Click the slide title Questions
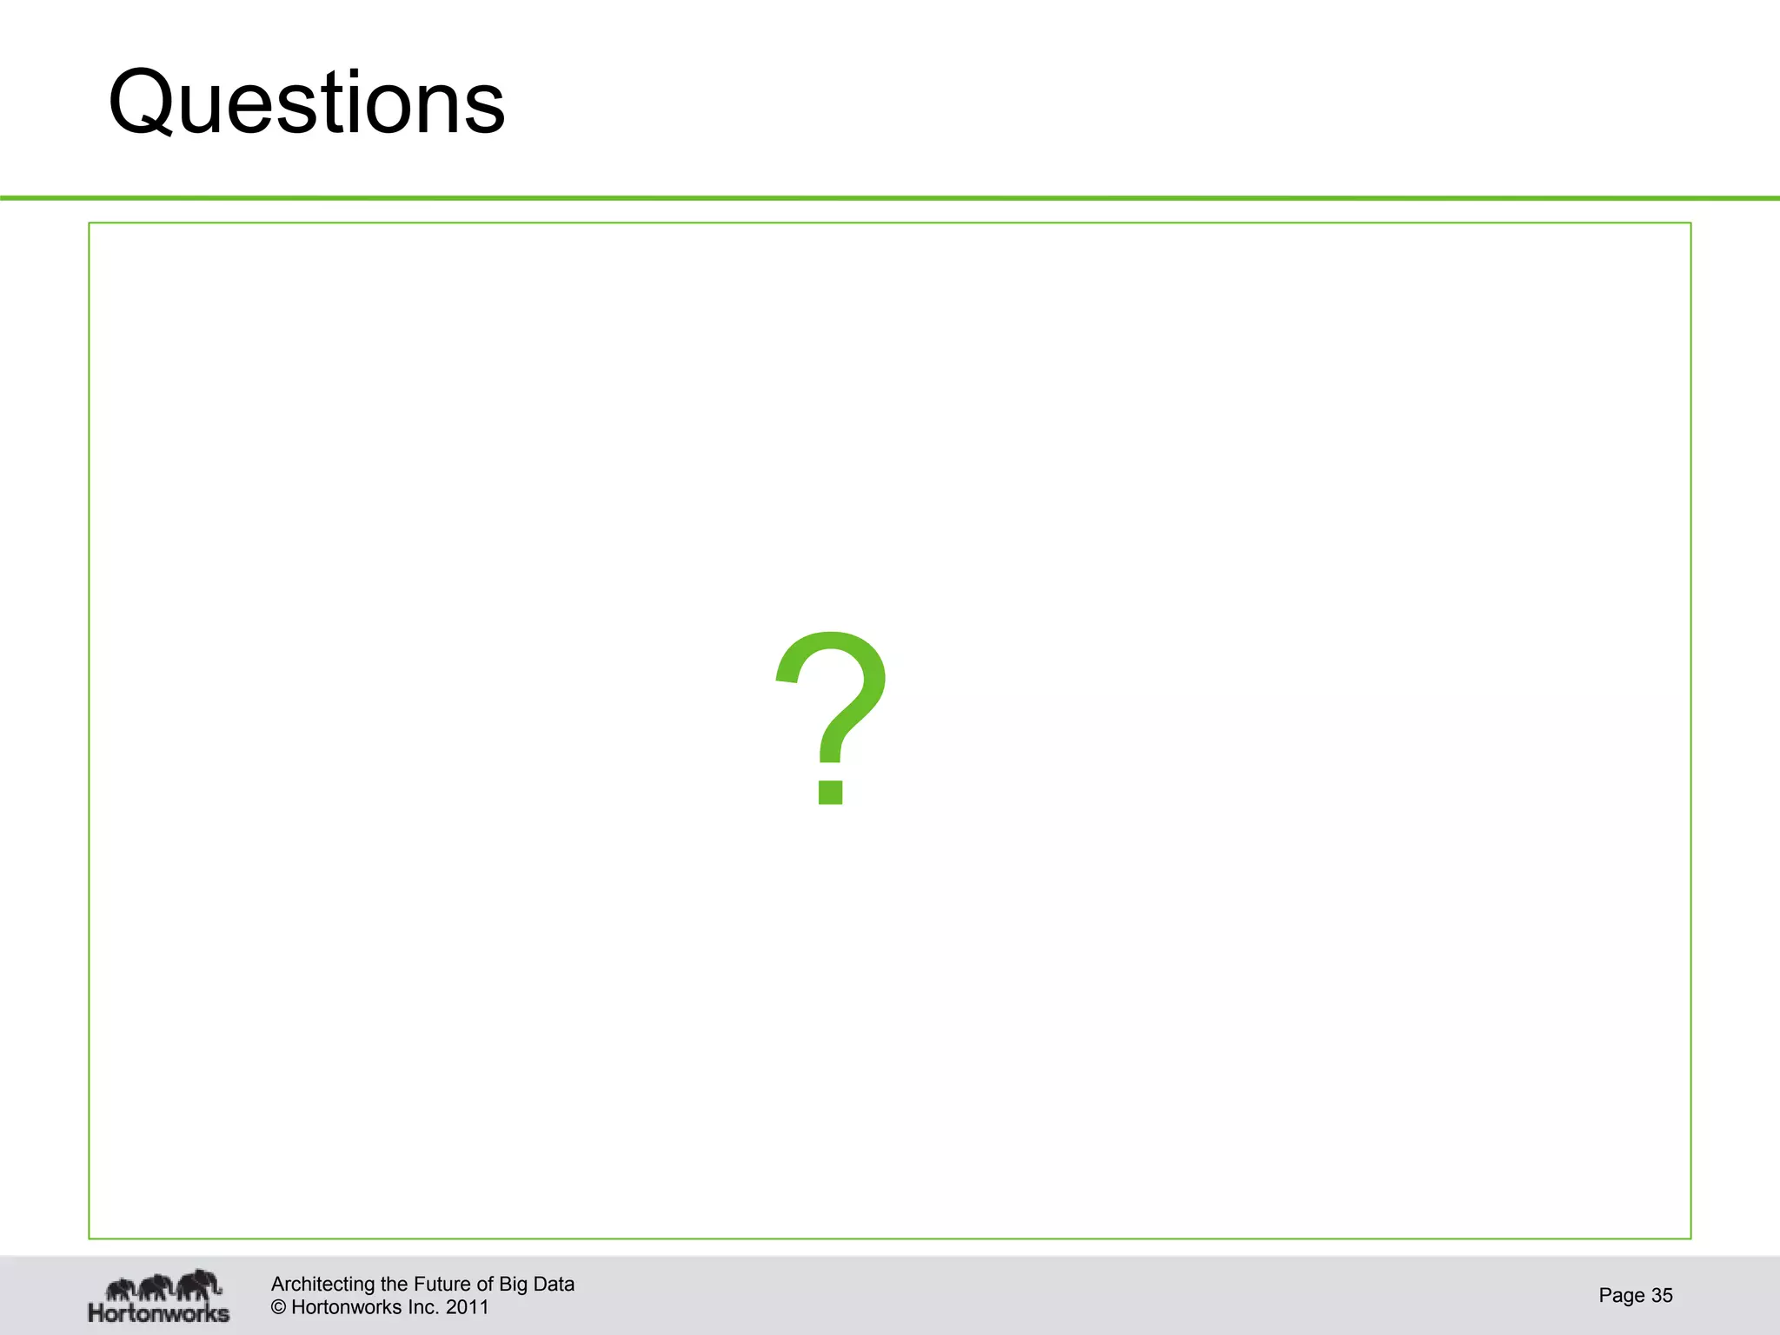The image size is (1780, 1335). click(306, 103)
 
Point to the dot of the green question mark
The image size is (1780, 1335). click(830, 791)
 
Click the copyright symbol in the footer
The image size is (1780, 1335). click(278, 1307)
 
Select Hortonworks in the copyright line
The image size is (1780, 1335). click(347, 1307)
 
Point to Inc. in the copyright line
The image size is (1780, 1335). click(423, 1307)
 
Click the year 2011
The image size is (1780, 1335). click(468, 1307)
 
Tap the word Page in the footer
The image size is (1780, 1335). click(1621, 1295)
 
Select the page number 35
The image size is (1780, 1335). click(1662, 1295)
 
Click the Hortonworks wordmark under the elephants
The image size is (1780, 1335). click(158, 1312)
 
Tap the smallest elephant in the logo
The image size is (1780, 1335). click(121, 1289)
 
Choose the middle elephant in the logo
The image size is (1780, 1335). click(156, 1286)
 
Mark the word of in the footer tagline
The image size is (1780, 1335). click(484, 1284)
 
